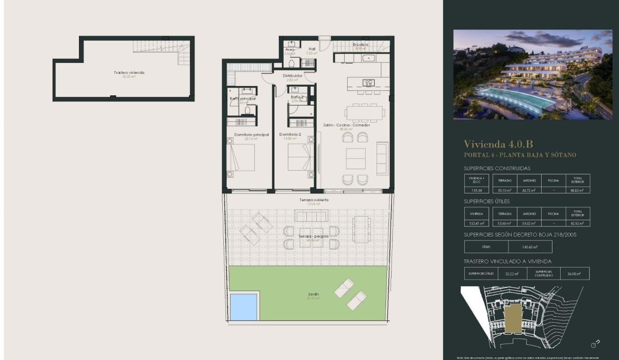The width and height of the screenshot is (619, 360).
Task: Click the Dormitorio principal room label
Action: [251, 135]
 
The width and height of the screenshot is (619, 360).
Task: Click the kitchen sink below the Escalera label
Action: [370, 58]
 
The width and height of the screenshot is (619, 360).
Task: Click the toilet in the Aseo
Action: [292, 63]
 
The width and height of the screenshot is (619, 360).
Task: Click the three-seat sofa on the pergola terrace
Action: [311, 215]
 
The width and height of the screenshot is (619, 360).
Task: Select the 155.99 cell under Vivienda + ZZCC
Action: [476, 190]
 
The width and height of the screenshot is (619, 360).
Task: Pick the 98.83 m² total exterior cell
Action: [577, 190]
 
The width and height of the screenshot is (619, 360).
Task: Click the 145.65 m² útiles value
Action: [530, 247]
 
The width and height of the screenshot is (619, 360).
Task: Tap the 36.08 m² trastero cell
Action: [574, 274]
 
